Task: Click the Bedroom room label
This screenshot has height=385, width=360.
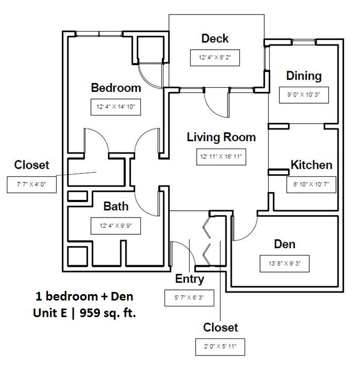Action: (x=116, y=88)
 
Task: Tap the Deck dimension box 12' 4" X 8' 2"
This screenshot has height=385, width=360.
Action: (x=215, y=58)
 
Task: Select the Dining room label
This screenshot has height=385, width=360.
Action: (x=304, y=75)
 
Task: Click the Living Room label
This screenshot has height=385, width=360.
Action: (x=221, y=137)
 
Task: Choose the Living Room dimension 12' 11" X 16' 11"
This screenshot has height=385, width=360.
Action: (x=221, y=157)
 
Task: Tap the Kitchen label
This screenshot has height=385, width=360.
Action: (x=311, y=165)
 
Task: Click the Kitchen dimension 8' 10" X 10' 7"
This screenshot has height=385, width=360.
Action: (x=311, y=185)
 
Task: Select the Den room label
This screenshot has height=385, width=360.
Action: (x=285, y=244)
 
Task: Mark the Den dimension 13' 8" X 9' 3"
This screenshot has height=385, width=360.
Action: (x=285, y=264)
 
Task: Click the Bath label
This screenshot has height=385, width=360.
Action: (x=115, y=206)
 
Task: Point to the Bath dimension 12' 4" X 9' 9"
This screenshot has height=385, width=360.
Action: (x=115, y=226)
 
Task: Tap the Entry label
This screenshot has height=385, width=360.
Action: (x=190, y=279)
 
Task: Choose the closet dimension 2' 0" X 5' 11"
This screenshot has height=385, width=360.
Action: (x=220, y=346)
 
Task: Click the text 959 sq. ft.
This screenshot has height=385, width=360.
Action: (x=108, y=313)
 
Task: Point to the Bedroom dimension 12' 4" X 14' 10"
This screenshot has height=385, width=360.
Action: (x=115, y=107)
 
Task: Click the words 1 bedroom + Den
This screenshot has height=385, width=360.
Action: (x=84, y=296)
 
